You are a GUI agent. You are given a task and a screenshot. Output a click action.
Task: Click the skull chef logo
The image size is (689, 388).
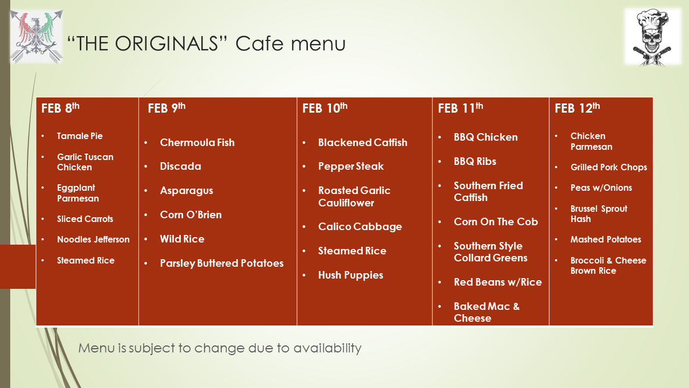point(653,37)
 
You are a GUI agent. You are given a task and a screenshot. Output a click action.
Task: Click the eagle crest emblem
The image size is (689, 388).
point(36,37)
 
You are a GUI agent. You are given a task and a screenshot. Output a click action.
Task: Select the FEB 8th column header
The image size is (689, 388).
point(60,108)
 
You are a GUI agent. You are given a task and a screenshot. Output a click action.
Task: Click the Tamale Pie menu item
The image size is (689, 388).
point(80,136)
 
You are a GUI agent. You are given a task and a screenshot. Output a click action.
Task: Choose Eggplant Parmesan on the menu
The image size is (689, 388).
point(78,193)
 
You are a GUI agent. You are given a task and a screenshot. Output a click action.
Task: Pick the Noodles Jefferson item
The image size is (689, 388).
point(93,240)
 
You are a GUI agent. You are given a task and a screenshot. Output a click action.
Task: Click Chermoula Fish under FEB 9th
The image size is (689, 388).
point(197,143)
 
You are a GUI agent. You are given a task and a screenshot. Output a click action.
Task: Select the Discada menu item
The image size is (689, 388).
point(180,167)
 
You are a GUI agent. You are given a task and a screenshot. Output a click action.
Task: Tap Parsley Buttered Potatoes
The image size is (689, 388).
point(221,264)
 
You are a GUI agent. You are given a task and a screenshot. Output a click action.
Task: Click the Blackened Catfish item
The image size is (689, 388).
point(362,143)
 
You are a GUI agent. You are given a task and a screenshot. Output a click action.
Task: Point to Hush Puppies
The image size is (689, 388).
point(350,275)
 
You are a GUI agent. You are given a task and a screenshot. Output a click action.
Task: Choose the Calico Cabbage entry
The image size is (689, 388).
point(360,227)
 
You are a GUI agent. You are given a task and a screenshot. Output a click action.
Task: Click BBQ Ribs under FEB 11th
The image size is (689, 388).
point(475,162)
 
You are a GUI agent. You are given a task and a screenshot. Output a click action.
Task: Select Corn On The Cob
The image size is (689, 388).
point(496,222)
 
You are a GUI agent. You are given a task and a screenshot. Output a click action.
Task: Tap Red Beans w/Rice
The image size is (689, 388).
point(497,282)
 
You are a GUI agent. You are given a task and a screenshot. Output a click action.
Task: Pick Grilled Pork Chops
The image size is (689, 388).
point(608,168)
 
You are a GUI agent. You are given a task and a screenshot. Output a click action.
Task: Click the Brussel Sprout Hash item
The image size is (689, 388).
point(599,214)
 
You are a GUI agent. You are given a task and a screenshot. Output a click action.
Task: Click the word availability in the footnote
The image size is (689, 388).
point(327,348)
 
